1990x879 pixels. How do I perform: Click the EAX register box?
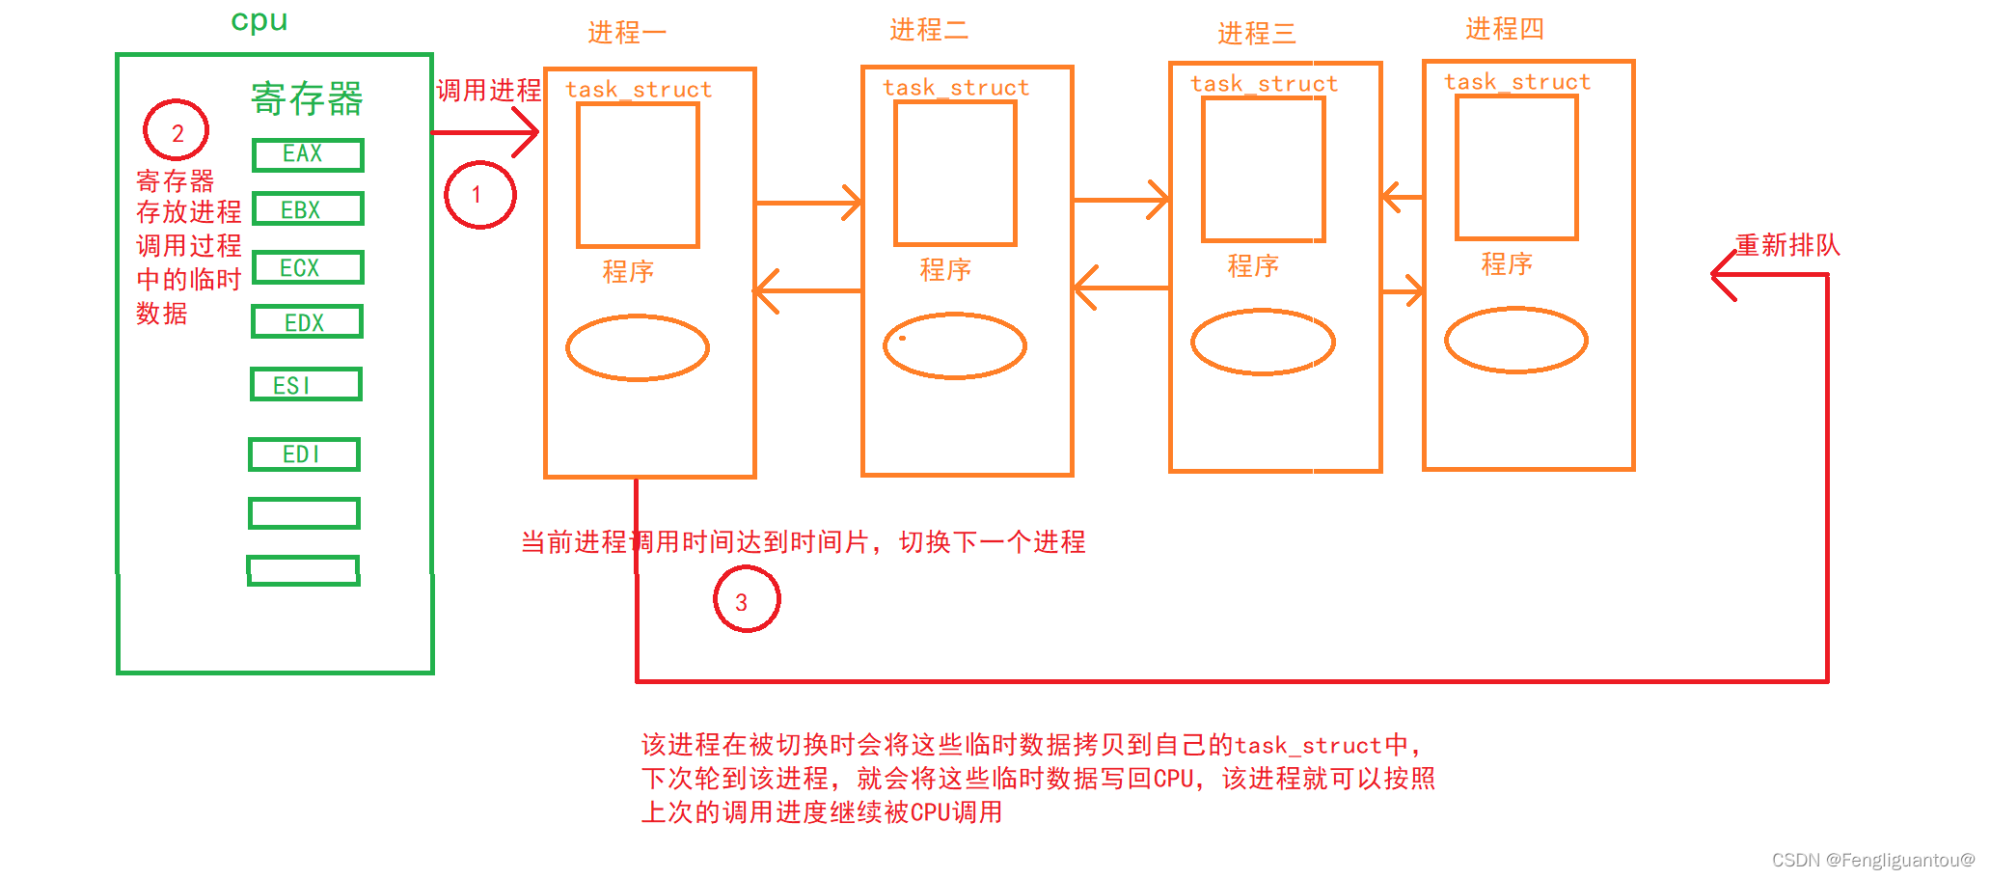point(308,154)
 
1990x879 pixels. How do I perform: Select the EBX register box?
point(308,209)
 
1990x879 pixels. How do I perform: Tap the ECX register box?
point(308,267)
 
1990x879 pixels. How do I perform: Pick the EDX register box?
point(307,322)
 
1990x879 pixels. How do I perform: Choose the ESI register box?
point(306,385)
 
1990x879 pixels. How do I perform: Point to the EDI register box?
point(304,454)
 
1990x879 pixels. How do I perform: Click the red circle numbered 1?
point(479,195)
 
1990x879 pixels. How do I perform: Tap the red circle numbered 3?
point(746,599)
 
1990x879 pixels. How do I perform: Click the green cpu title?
point(259,21)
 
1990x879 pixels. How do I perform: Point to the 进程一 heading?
point(627,33)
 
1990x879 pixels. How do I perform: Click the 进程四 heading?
point(1504,29)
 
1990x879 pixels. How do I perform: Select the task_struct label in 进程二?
point(955,88)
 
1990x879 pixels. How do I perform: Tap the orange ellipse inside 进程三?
point(1263,342)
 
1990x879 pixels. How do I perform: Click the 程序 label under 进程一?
point(628,271)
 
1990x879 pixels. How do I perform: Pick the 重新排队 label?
point(1787,245)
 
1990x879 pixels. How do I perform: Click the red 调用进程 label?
point(488,91)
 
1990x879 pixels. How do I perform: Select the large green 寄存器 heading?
point(307,98)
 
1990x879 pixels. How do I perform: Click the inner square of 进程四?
point(1516,167)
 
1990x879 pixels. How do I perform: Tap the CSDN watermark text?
point(1872,860)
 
